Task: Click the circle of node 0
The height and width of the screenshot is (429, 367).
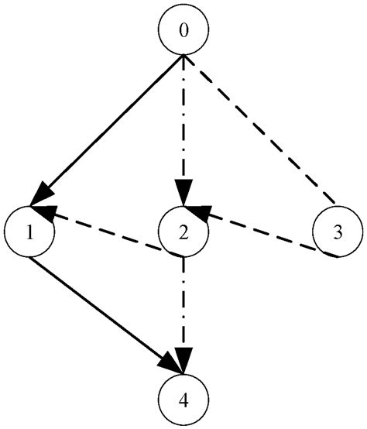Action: (x=183, y=32)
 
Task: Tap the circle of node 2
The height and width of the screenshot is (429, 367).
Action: (x=183, y=231)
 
